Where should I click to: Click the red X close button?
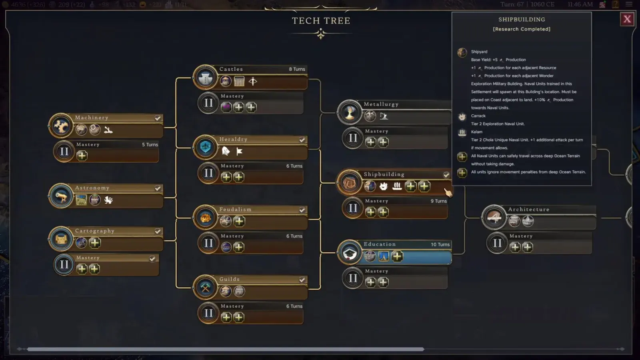tap(627, 19)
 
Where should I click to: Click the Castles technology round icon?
tap(206, 78)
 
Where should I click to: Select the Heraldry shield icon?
tap(206, 147)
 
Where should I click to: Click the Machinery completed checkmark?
tap(158, 118)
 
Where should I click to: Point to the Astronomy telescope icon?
tap(61, 196)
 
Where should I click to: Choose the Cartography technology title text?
tap(95, 231)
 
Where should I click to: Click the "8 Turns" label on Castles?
tap(297, 69)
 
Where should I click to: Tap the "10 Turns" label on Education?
tap(440, 244)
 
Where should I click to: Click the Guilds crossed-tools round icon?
tap(206, 288)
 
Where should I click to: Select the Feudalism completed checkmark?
tap(302, 210)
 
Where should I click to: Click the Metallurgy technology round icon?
tap(350, 113)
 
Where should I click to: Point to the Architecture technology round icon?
tap(494, 218)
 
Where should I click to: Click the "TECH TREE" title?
tap(321, 21)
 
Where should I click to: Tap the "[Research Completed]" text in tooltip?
tap(522, 29)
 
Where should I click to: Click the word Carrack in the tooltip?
tap(478, 116)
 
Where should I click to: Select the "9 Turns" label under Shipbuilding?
tap(438, 201)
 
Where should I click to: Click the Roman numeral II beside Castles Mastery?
tap(208, 103)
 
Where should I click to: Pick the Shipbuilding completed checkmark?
tap(446, 175)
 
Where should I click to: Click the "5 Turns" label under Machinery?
tap(150, 145)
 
